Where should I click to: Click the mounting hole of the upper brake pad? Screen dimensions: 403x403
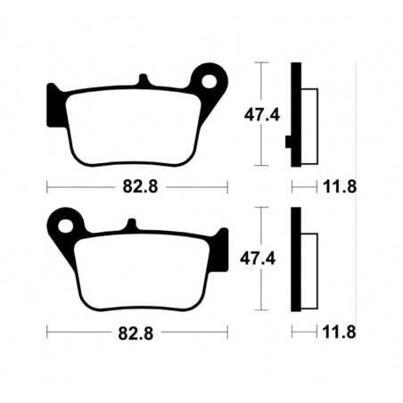point(211,82)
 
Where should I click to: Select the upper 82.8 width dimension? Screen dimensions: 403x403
point(137,188)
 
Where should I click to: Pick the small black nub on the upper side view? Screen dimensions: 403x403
point(288,141)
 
